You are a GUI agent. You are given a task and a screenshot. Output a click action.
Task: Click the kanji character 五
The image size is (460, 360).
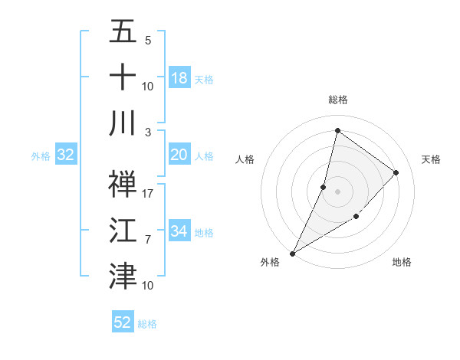pyautogui.click(x=123, y=32)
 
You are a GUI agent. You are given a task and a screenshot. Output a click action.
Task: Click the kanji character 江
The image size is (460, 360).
pyautogui.click(x=123, y=230)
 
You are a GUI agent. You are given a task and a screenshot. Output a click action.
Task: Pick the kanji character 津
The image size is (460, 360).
pyautogui.click(x=123, y=274)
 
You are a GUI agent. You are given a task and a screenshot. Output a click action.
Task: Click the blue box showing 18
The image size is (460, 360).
pyautogui.click(x=179, y=78)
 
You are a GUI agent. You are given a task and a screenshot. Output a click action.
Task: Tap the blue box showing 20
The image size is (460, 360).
pyautogui.click(x=179, y=155)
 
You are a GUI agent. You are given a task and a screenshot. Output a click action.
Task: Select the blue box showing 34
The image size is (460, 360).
pyautogui.click(x=179, y=231)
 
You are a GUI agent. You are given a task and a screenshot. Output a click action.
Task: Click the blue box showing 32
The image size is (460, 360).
pyautogui.click(x=66, y=155)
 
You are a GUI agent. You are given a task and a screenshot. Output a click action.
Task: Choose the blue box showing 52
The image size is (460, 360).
pyautogui.click(x=123, y=322)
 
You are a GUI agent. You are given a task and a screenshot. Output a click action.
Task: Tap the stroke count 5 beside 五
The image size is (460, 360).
pyautogui.click(x=148, y=41)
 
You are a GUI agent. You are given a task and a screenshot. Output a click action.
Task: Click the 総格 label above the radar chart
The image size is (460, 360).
pyautogui.click(x=337, y=100)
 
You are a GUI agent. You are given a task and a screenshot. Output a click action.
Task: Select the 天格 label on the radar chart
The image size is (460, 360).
pyautogui.click(x=431, y=159)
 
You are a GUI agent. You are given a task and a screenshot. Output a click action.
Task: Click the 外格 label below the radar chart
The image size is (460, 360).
pyautogui.click(x=270, y=262)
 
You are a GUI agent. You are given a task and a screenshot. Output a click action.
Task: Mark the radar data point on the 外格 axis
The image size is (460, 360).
pyautogui.click(x=292, y=253)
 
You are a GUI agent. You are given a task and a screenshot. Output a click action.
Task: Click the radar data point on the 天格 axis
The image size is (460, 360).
pyautogui.click(x=396, y=172)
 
